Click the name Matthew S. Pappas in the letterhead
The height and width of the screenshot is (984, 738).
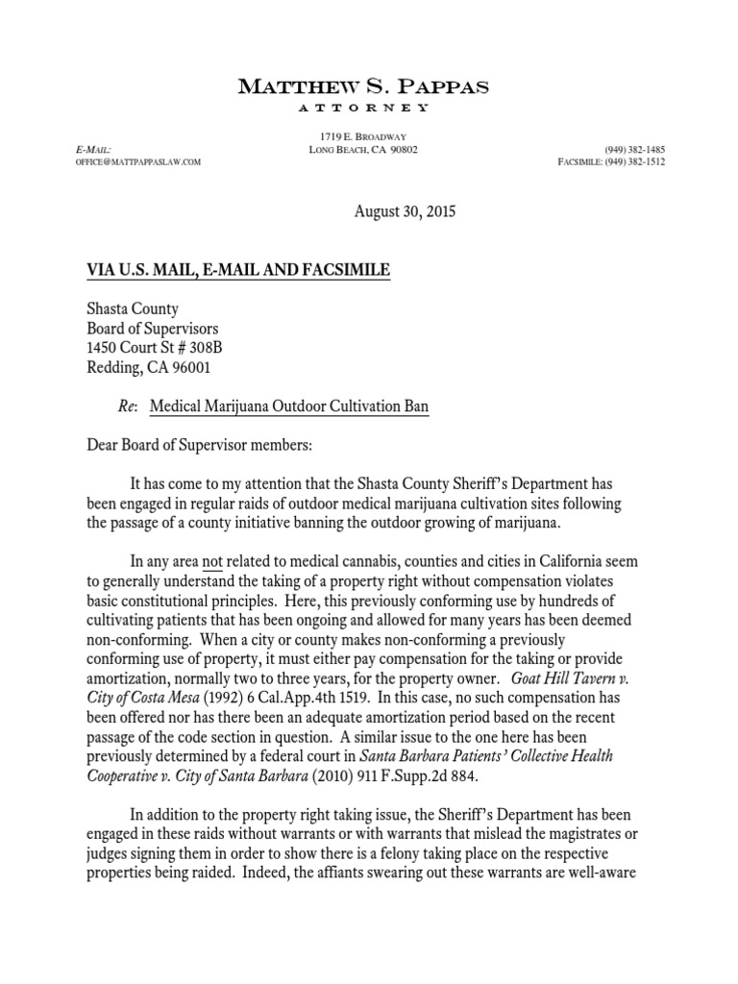coord(363,86)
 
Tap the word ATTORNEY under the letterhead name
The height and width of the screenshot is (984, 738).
coord(363,107)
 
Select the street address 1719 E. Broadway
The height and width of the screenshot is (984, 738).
coord(362,136)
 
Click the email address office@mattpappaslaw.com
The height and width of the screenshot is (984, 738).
coord(138,162)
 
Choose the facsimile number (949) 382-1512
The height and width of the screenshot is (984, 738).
coord(634,162)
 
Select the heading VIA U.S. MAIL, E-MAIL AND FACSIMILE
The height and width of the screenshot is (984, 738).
coord(238,271)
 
